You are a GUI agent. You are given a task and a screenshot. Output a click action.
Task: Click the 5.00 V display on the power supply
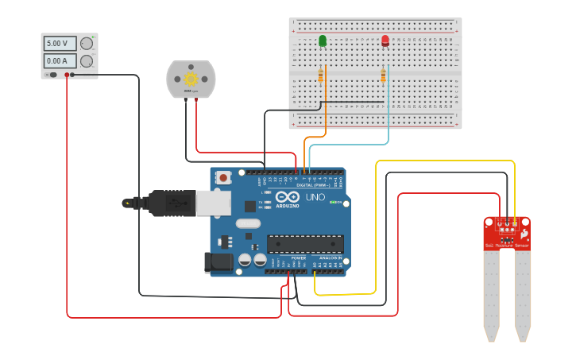pyautogui.click(x=60, y=44)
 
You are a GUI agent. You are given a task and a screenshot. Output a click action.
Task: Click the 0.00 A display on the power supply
pyautogui.click(x=60, y=61)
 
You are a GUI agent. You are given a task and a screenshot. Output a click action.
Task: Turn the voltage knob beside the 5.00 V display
pyautogui.click(x=86, y=44)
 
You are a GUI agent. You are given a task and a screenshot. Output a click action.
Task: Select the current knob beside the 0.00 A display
pyautogui.click(x=86, y=61)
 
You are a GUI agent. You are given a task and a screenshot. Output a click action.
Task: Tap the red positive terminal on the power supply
pyautogui.click(x=66, y=75)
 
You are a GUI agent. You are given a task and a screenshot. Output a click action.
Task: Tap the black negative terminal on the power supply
pyautogui.click(x=72, y=75)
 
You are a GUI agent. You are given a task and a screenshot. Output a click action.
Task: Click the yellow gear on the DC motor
pyautogui.click(x=191, y=79)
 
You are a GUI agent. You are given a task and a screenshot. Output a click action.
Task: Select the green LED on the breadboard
pyautogui.click(x=323, y=41)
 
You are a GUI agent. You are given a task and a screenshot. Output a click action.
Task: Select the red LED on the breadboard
pyautogui.click(x=385, y=41)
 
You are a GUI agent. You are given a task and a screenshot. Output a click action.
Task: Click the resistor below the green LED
pyautogui.click(x=320, y=75)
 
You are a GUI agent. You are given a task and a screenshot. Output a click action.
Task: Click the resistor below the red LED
pyautogui.click(x=383, y=75)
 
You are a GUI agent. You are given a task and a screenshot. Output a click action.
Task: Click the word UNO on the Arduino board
pyautogui.click(x=315, y=196)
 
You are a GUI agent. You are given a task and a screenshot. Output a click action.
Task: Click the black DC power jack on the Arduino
pyautogui.click(x=217, y=263)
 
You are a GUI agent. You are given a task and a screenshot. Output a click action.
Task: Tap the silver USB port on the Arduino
pyautogui.click(x=214, y=204)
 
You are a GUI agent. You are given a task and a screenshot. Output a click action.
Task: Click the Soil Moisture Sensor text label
pyautogui.click(x=507, y=246)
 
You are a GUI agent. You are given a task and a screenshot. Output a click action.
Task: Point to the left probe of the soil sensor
pyautogui.click(x=491, y=294)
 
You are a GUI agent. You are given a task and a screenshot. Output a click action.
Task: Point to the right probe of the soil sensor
pyautogui.click(x=522, y=294)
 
